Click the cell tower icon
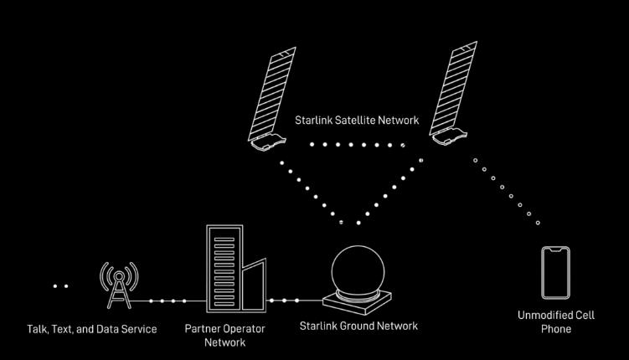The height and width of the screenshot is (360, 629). pos(119,285)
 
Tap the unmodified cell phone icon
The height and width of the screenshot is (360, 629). pos(555,273)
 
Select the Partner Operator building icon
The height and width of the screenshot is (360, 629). pos(236,269)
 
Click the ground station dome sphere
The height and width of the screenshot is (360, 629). pos(358,271)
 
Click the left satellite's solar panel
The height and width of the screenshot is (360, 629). pos(272,93)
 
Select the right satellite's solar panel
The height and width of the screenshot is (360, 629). pos(453,88)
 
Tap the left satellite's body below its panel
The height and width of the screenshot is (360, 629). pos(268,142)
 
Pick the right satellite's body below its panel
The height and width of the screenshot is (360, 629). pos(450,136)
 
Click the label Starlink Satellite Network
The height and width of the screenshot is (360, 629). pos(357,121)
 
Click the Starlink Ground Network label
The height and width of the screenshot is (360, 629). pos(358,326)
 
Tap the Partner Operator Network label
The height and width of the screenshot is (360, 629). pos(224,336)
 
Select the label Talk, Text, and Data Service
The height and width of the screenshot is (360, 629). pos(92,329)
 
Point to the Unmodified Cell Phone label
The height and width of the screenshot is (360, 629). pos(556,322)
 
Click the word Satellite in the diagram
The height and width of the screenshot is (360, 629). pos(355,121)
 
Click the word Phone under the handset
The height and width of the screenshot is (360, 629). pos(556,329)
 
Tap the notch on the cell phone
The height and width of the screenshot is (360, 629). pos(555,249)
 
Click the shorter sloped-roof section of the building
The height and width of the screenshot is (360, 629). pos(254,285)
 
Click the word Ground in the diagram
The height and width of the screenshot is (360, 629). pos(358,326)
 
